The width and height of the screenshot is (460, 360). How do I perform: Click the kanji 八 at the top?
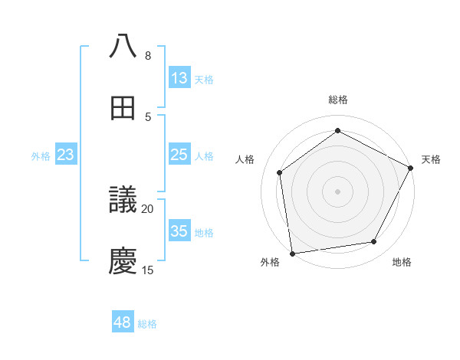[123, 46]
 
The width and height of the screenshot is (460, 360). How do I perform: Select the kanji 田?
[123, 108]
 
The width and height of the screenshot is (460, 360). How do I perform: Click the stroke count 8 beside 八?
[148, 56]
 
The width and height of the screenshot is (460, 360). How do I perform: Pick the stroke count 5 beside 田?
[148, 117]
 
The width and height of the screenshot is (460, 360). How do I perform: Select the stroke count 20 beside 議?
[148, 209]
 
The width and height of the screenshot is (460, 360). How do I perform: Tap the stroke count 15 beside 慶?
[148, 270]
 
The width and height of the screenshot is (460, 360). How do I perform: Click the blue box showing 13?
[179, 78]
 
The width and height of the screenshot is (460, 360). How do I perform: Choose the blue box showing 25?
[179, 155]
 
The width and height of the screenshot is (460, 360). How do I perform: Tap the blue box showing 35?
[179, 231]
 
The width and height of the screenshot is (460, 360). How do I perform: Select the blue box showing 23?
[66, 155]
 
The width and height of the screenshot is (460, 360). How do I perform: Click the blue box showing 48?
[123, 323]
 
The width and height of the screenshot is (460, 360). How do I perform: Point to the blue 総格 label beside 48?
[147, 324]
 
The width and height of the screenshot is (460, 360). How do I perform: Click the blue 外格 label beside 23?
[41, 156]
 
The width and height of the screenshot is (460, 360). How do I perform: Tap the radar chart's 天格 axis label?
[431, 159]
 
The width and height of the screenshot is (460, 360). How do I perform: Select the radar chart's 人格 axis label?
[245, 159]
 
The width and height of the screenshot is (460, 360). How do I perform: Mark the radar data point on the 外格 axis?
[292, 253]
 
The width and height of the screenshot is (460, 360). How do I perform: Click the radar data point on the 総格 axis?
[337, 130]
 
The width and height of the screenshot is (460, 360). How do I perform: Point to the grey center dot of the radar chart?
[337, 191]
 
